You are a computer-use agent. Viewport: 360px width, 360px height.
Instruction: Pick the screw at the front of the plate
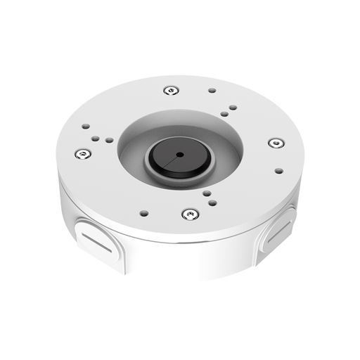pos(188,214)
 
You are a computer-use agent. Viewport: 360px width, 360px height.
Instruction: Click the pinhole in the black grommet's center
pos(179,153)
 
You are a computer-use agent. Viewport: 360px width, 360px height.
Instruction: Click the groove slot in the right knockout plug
pos(275,235)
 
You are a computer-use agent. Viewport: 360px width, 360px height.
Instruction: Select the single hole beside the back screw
pos(212,91)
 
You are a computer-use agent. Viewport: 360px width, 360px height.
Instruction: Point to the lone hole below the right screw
pos(279,170)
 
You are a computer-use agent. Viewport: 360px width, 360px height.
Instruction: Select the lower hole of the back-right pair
pos(223,113)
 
